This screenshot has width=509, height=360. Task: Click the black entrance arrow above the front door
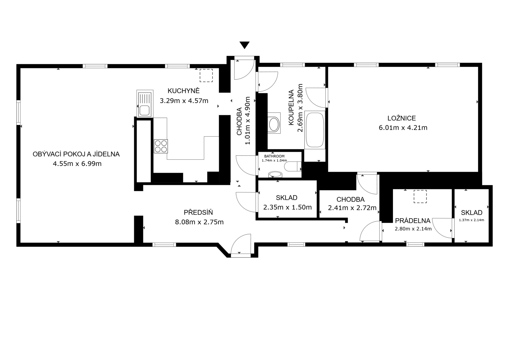coord(245,45)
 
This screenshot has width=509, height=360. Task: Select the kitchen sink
coord(145,104)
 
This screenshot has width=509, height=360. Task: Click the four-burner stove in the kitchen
coord(161,146)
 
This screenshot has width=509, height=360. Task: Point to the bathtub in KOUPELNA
coord(315,130)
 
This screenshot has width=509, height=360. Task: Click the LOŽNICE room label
coord(402,118)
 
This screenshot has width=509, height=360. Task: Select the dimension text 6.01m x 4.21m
coord(403,128)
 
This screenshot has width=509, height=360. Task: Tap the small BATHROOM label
coord(274,156)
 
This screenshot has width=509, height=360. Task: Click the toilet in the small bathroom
coord(293,166)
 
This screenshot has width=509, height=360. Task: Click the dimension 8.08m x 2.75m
coord(199,222)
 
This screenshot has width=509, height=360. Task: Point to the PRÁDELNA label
coord(413,221)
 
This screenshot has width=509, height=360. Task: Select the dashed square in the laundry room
coord(420,196)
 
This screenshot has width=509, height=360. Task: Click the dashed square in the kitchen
coord(206,75)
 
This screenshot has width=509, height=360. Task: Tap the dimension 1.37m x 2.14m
coord(472,220)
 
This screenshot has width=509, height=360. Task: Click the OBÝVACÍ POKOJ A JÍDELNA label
coord(76,154)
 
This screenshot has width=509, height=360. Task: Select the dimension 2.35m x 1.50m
coord(287,207)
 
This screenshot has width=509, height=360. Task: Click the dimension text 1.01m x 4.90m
coord(247,121)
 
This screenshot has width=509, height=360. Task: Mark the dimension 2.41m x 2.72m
coord(352,208)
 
